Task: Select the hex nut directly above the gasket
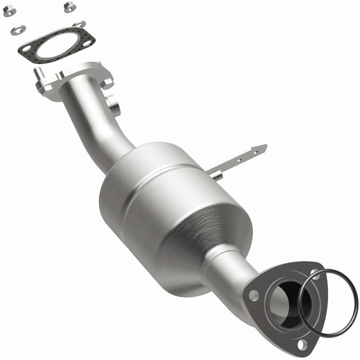click(69, 7)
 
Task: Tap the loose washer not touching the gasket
click(17, 30)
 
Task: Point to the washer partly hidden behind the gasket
click(80, 24)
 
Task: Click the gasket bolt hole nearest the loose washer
click(26, 48)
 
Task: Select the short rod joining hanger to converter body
click(216, 175)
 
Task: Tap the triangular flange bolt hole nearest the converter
click(253, 296)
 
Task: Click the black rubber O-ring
click(355, 298)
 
